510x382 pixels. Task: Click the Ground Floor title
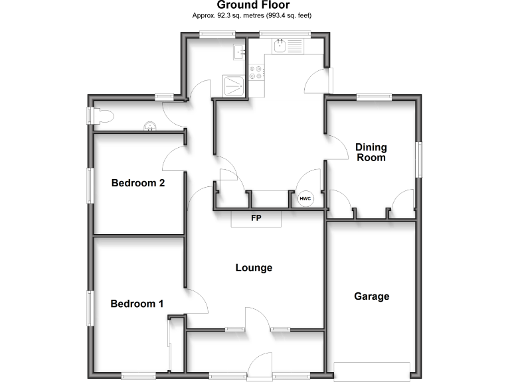pyautogui.click(x=254, y=5)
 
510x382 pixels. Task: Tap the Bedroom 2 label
pyautogui.click(x=137, y=183)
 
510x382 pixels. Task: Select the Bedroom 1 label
pyautogui.click(x=137, y=304)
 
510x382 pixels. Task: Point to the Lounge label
pyautogui.click(x=254, y=268)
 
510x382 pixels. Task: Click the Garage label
pyautogui.click(x=371, y=296)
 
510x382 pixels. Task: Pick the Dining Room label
pyautogui.click(x=371, y=153)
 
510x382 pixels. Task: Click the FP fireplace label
pyautogui.click(x=256, y=218)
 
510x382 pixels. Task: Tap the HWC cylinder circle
pyautogui.click(x=305, y=198)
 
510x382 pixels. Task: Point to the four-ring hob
pyautogui.click(x=256, y=72)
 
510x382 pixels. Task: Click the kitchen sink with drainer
pyautogui.click(x=288, y=46)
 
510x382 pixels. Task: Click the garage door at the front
pyautogui.click(x=371, y=371)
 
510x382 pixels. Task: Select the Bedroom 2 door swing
pyautogui.click(x=174, y=159)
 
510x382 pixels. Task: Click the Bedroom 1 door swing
pyautogui.click(x=197, y=302)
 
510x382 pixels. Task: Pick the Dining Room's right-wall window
pyautogui.click(x=419, y=159)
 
